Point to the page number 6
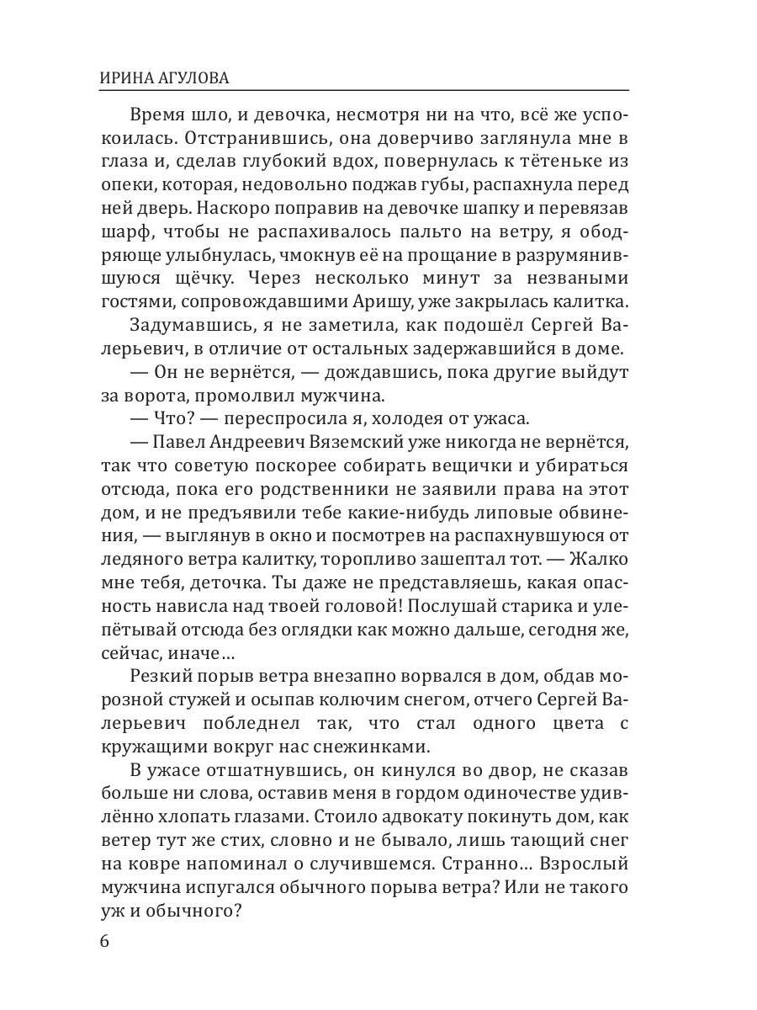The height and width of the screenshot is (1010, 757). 104,940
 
